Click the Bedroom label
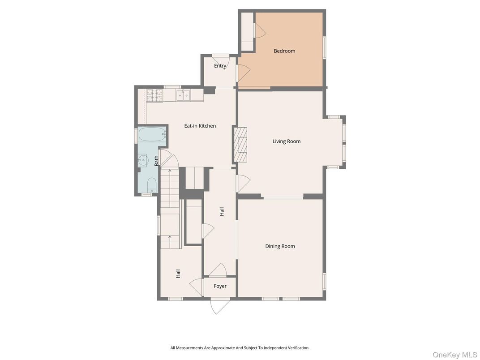284,51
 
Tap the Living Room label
287,141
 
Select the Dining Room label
280,246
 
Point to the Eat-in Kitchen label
200,126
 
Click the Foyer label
220,286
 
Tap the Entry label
220,66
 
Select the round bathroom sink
143,159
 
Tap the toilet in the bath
152,185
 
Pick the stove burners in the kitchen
154,95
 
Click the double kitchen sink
184,95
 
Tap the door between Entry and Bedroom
244,73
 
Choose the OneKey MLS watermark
455,355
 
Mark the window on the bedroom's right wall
325,47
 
